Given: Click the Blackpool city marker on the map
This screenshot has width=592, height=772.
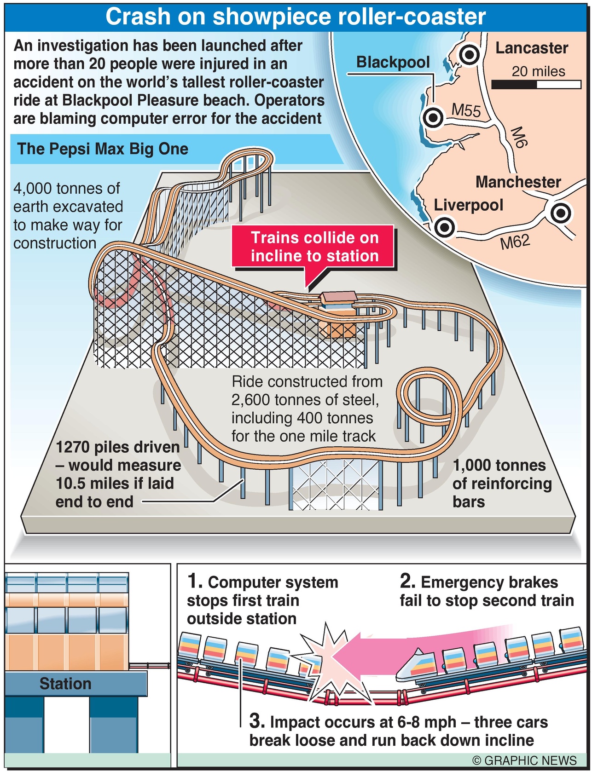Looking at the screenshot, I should click(433, 118).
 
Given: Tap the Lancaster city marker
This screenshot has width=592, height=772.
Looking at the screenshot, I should click(470, 55).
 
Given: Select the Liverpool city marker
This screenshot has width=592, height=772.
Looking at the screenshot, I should click(445, 227).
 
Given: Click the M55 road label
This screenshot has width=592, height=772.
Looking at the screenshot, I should click(466, 110).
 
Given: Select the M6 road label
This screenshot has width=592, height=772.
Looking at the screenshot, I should click(519, 137).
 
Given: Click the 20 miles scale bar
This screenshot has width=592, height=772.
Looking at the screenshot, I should click(536, 85).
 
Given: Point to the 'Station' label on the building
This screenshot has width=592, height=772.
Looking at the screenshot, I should click(65, 684).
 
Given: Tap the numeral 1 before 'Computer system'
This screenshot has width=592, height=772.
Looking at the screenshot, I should click(194, 581).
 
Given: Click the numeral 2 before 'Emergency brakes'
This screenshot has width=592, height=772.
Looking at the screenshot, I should click(407, 581).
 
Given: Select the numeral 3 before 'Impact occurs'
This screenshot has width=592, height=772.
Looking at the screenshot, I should click(256, 720).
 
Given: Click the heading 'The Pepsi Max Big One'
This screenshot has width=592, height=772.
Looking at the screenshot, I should click(103, 149).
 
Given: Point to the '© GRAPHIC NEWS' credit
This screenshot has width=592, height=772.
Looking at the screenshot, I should click(524, 760).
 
